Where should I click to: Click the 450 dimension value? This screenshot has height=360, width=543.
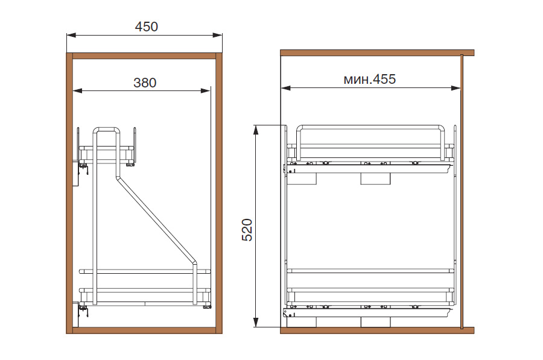[x=146, y=27]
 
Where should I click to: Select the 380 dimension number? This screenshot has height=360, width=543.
[x=145, y=83]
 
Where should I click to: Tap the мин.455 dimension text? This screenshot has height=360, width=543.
[x=369, y=79]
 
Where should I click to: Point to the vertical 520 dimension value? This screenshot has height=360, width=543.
[x=247, y=230]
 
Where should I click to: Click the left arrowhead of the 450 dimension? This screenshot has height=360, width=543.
[x=71, y=35]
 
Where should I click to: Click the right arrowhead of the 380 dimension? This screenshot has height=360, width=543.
[x=206, y=90]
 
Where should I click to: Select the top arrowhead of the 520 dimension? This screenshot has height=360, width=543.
[x=256, y=130]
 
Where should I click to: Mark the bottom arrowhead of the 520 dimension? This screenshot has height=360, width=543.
[x=256, y=322]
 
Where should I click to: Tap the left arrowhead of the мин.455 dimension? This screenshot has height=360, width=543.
[x=286, y=88]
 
